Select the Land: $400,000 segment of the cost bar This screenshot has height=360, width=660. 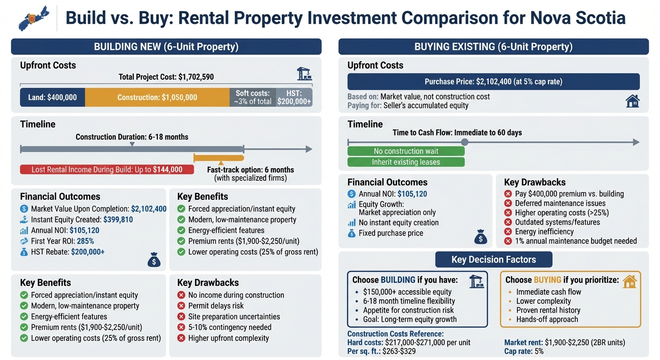pyautogui.click(x=52, y=97)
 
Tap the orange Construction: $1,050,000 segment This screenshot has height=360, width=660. pyautogui.click(x=157, y=97)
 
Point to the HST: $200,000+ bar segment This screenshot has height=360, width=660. pyautogui.click(x=294, y=97)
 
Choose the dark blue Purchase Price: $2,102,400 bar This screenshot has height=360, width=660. pyautogui.click(x=493, y=82)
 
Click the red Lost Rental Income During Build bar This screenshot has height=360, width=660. pyautogui.click(x=107, y=170)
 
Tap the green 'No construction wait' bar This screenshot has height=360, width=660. pyautogui.click(x=406, y=151)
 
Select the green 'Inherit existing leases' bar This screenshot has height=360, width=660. pyautogui.click(x=406, y=162)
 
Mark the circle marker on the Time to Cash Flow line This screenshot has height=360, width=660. pyautogui.click(x=465, y=142)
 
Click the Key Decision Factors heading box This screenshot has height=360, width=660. pyautogui.click(x=494, y=259)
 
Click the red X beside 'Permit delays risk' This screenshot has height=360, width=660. pyautogui.click(x=181, y=306)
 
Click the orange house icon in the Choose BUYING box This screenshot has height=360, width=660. pyautogui.click(x=630, y=281)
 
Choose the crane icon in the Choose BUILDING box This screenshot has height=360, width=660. pyautogui.click(x=476, y=281)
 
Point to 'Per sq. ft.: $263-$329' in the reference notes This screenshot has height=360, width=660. pyautogui.click(x=381, y=351)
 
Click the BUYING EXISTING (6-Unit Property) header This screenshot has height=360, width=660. pyautogui.click(x=493, y=47)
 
